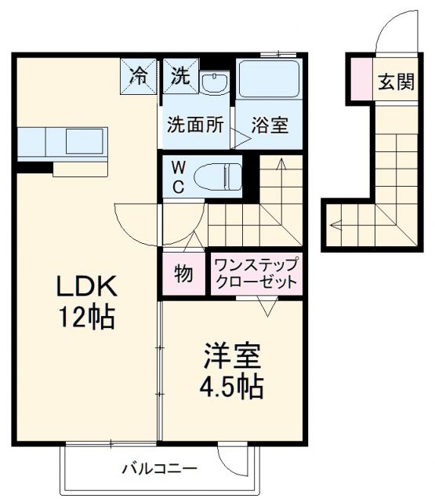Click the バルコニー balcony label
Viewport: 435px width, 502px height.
tap(159, 470)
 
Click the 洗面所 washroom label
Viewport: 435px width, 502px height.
tap(194, 125)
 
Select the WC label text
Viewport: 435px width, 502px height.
tap(178, 176)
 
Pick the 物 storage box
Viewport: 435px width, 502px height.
tap(183, 275)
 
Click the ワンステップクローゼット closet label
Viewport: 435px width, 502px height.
tap(256, 275)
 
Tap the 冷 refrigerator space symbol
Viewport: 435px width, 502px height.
tap(139, 76)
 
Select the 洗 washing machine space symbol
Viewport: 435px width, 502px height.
tap(180, 76)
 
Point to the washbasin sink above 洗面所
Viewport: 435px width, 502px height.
tap(212, 81)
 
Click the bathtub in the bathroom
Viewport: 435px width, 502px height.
tap(269, 78)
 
